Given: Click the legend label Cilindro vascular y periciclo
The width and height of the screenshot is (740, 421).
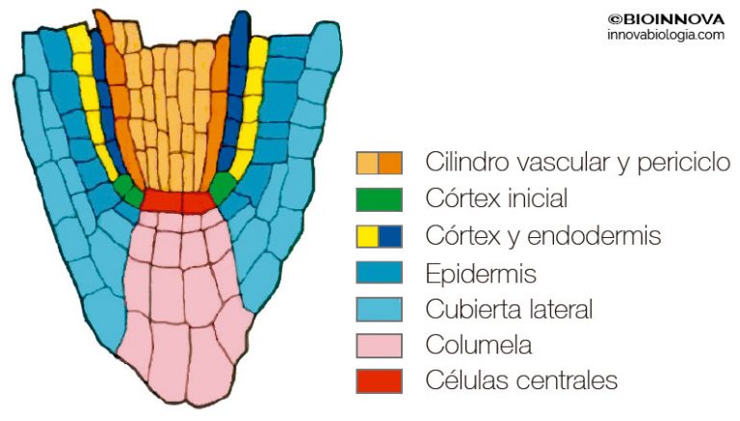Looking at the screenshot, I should coord(578,162).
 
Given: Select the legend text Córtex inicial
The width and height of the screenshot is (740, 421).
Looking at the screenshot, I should coord(496,199).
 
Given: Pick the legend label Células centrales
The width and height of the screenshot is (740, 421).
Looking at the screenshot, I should coord(520,381).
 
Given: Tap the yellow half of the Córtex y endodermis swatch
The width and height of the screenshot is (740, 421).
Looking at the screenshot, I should coord(367,236).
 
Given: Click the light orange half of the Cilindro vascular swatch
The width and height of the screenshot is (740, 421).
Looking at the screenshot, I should coord(367,163).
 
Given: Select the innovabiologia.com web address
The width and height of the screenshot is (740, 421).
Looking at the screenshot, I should coord(666,35).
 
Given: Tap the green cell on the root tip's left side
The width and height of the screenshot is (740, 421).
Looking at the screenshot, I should coord(125,184).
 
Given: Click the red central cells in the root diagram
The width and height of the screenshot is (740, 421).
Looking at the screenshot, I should coord(177,201).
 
